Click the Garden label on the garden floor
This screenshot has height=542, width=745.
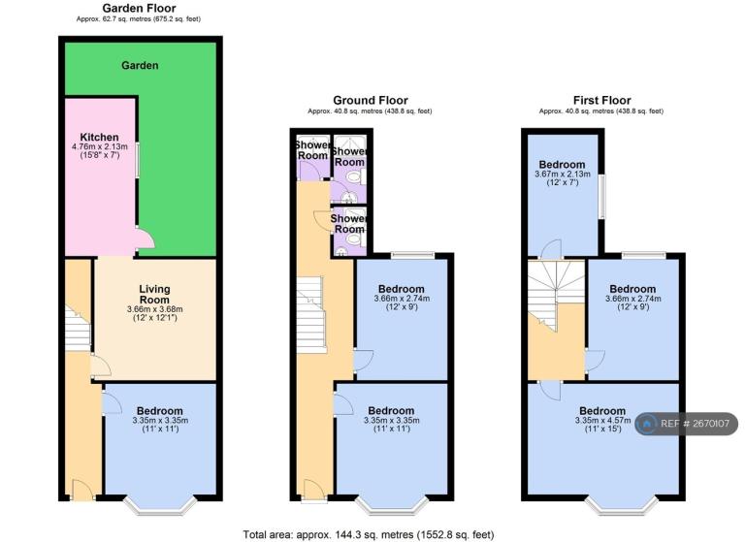pos(140,66)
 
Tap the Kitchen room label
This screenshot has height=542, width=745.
pos(99,138)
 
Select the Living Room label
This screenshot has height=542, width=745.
pos(154,295)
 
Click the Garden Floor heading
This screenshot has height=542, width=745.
pos(140,8)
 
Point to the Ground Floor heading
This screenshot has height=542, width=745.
pos(371,100)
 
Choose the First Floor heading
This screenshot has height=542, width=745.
pos(602,100)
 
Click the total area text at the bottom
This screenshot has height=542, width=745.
pos(369,535)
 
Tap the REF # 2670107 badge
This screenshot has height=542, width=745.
pos(687,424)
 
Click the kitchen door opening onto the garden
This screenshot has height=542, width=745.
pos(145,238)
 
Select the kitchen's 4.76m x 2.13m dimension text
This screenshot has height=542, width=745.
pos(99,147)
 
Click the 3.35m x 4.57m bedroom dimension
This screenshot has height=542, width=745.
pos(603,421)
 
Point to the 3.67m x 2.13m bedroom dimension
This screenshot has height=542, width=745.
pos(563,175)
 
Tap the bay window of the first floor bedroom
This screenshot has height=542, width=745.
pos(623,505)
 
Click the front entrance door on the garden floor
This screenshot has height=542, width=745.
pos(83,490)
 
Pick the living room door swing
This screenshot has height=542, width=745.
pos(100,367)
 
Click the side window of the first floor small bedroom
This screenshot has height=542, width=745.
pos(602,197)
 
